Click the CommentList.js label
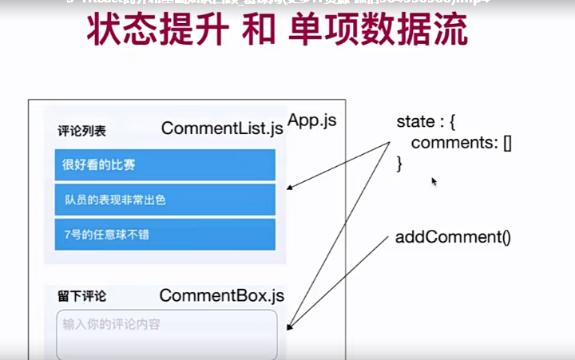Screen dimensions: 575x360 pos(222,128)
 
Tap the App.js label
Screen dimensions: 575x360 pos(312,121)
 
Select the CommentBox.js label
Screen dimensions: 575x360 pos(221,295)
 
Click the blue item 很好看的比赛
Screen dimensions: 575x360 pos(165,165)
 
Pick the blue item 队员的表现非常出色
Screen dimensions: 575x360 pos(165,200)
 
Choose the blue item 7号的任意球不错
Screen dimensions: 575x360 pos(165,234)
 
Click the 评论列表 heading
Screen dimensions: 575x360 pos(81,130)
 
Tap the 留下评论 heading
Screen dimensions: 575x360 pos(81,296)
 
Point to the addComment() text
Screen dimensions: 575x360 pos(453,237)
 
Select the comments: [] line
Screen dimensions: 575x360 pos(461,143)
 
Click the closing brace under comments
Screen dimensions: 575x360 pos(400,164)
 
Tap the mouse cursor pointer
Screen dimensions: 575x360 pos(434,181)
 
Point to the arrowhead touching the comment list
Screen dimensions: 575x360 pos(289,188)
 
